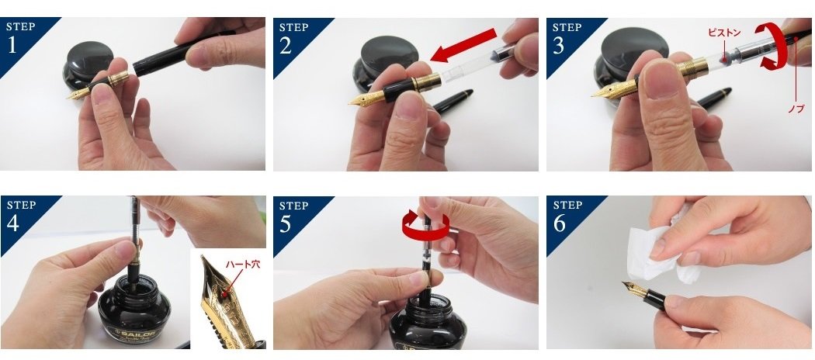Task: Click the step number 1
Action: pyautogui.click(x=12, y=45)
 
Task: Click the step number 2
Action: pyautogui.click(x=286, y=45)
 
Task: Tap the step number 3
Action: pyautogui.click(x=558, y=45)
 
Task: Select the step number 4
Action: pyautogui.click(x=13, y=223)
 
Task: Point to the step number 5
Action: pyautogui.click(x=286, y=223)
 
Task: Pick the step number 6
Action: pyautogui.click(x=559, y=223)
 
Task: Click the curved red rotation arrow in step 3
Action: pyautogui.click(x=771, y=45)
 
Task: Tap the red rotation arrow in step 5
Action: pyautogui.click(x=425, y=226)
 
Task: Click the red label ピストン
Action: pyautogui.click(x=724, y=33)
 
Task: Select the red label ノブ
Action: pyautogui.click(x=796, y=109)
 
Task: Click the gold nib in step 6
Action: pyautogui.click(x=633, y=289)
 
